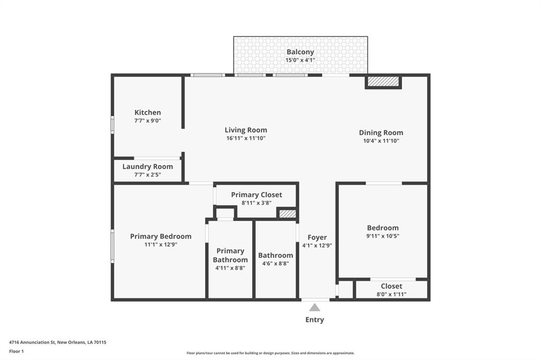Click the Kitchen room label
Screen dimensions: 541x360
click(x=148, y=112)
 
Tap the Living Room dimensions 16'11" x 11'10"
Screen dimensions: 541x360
click(x=246, y=138)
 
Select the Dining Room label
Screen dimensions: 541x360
click(x=381, y=133)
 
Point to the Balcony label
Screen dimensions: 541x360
click(x=300, y=52)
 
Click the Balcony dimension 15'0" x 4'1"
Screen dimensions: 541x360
click(x=300, y=60)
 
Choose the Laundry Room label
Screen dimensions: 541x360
click(x=148, y=167)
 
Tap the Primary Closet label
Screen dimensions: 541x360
click(x=256, y=195)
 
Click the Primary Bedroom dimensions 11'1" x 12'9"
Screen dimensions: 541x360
click(x=161, y=244)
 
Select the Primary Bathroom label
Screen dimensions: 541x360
click(x=230, y=255)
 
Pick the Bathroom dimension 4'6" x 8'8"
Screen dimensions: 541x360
click(x=275, y=263)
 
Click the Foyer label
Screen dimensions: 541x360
click(x=317, y=238)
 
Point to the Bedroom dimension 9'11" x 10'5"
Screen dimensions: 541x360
click(x=383, y=236)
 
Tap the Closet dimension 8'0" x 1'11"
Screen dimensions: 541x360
click(x=391, y=294)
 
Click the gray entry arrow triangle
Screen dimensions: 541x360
click(x=314, y=308)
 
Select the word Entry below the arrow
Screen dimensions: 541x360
click(x=315, y=320)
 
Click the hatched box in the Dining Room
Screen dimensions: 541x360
click(x=383, y=81)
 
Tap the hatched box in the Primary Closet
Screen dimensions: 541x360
click(x=287, y=214)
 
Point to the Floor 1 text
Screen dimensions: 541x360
click(x=16, y=352)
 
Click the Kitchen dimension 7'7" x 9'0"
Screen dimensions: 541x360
click(x=148, y=121)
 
